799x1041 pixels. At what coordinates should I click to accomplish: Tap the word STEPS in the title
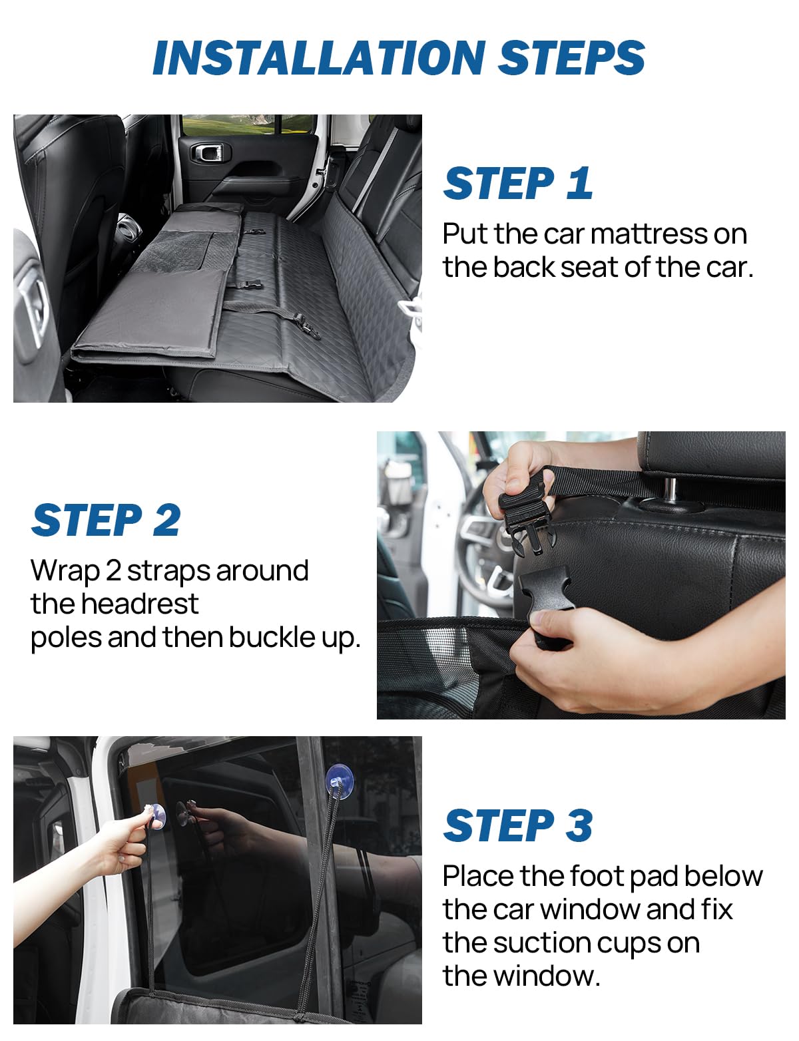pos(571,57)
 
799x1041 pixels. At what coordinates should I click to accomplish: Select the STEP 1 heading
pos(518,183)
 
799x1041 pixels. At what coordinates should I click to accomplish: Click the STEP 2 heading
pos(106,520)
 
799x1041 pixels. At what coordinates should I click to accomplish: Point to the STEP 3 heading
pos(518,825)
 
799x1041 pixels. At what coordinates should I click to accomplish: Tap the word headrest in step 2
pos(139,604)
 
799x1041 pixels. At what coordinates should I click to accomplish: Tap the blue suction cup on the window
pos(339,778)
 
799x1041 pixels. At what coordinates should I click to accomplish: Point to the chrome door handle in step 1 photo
pos(209,152)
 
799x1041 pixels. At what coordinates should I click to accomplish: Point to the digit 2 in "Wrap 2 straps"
pos(113,571)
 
